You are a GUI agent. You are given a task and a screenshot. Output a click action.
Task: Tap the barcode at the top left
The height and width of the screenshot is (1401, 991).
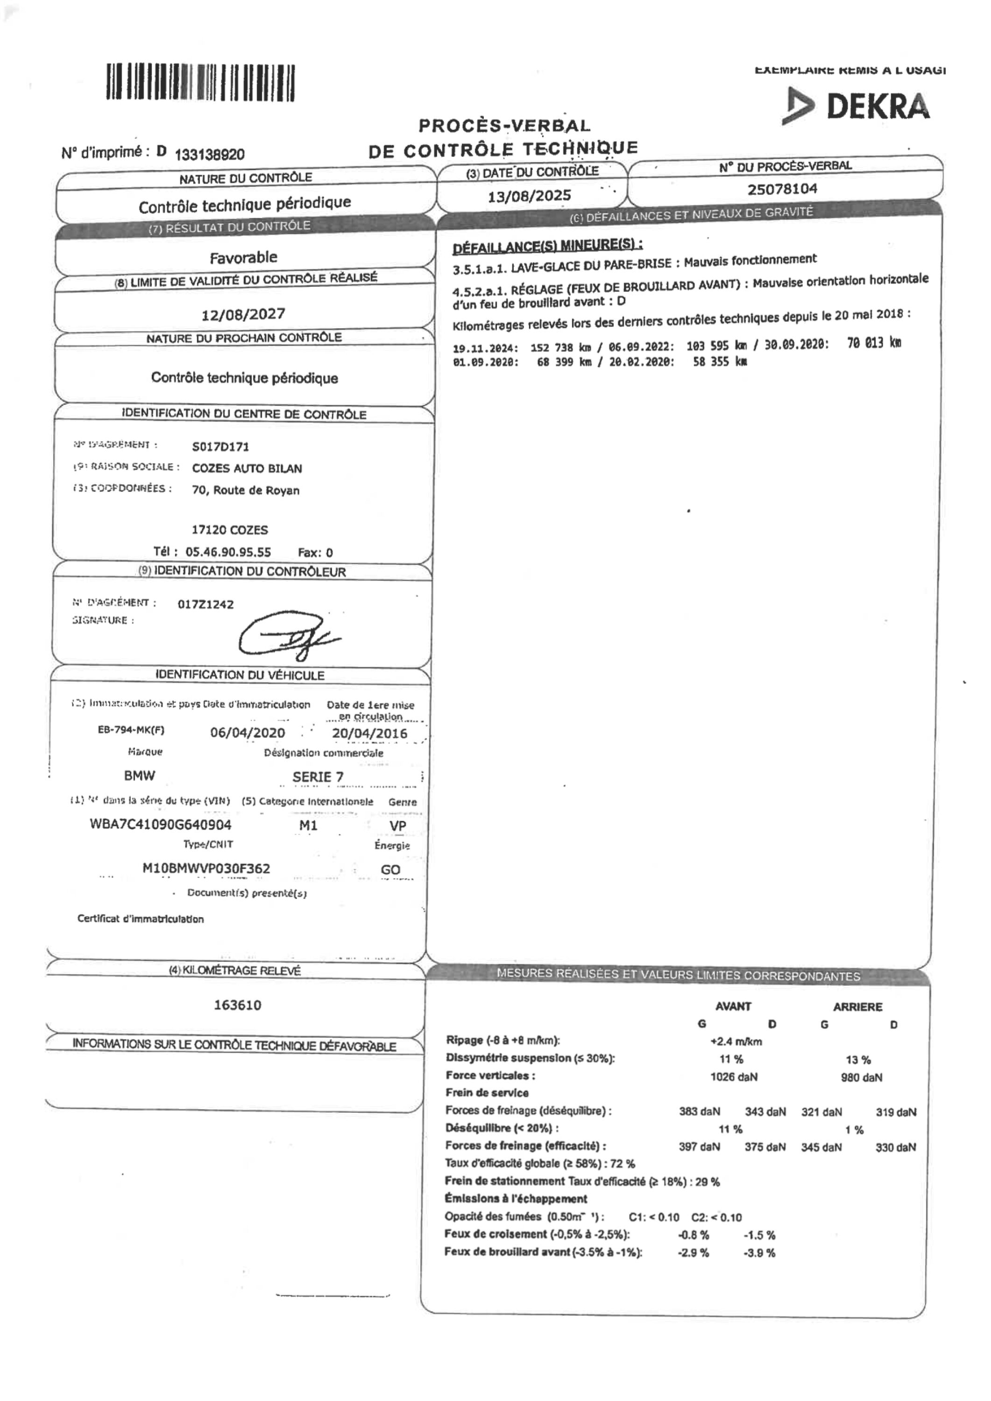point(200,82)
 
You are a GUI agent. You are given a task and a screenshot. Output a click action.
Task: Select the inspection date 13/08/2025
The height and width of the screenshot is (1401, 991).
point(529,196)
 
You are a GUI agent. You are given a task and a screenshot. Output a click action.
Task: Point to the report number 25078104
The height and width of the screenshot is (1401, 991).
point(782,189)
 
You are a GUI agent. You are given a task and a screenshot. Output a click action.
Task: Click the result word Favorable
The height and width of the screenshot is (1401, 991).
point(243,257)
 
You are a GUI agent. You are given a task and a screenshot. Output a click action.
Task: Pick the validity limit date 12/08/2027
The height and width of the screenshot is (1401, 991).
point(243,314)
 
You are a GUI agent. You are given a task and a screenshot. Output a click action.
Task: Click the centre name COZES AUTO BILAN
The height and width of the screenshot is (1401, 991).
point(247,468)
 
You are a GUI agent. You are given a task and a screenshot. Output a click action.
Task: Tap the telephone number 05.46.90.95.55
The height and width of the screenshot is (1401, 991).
point(228,552)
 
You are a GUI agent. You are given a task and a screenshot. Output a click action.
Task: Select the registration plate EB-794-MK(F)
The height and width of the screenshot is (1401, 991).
point(131,730)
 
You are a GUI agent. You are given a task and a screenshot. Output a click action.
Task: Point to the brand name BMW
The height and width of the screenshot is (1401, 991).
point(140,776)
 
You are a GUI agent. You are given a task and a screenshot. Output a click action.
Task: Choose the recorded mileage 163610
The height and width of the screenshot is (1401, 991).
point(237,1005)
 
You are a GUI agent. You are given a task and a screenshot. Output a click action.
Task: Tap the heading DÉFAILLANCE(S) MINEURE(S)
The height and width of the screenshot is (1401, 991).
point(547,245)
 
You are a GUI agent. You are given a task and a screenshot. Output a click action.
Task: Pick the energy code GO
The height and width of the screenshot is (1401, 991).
point(390,870)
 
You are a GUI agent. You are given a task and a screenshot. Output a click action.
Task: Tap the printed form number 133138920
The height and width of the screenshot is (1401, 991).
point(209,154)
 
